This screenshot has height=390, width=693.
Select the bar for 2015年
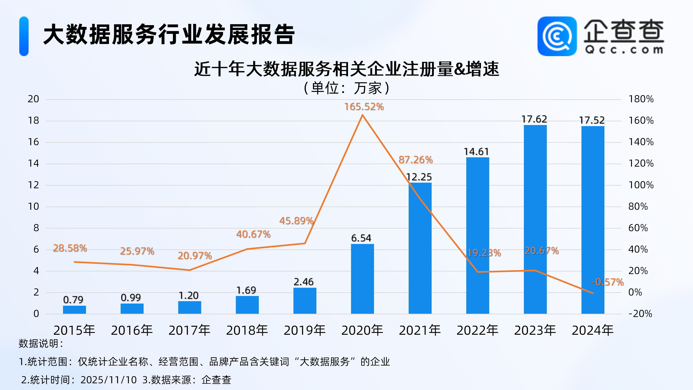click(74, 310)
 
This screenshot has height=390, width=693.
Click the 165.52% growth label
click(364, 107)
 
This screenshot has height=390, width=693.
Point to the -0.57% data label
click(607, 282)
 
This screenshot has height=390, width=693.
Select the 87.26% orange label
click(416, 160)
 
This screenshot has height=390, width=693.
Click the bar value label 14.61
click(476, 151)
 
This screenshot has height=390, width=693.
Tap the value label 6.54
click(361, 238)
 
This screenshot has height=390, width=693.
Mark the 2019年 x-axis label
click(304, 330)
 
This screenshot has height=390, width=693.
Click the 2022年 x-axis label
click(477, 330)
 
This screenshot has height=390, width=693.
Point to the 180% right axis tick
click(641, 99)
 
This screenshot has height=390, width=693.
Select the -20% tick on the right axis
click(640, 314)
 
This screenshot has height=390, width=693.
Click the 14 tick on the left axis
click(33, 163)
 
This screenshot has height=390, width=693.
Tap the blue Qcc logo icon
click(557, 36)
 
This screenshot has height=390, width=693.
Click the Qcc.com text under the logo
click(624, 50)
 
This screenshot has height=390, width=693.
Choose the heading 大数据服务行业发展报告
click(169, 34)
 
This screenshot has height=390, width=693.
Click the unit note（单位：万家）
click(346, 88)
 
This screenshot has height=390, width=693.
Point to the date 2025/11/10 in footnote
click(109, 380)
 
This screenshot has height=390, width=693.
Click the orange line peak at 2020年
click(362, 115)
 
